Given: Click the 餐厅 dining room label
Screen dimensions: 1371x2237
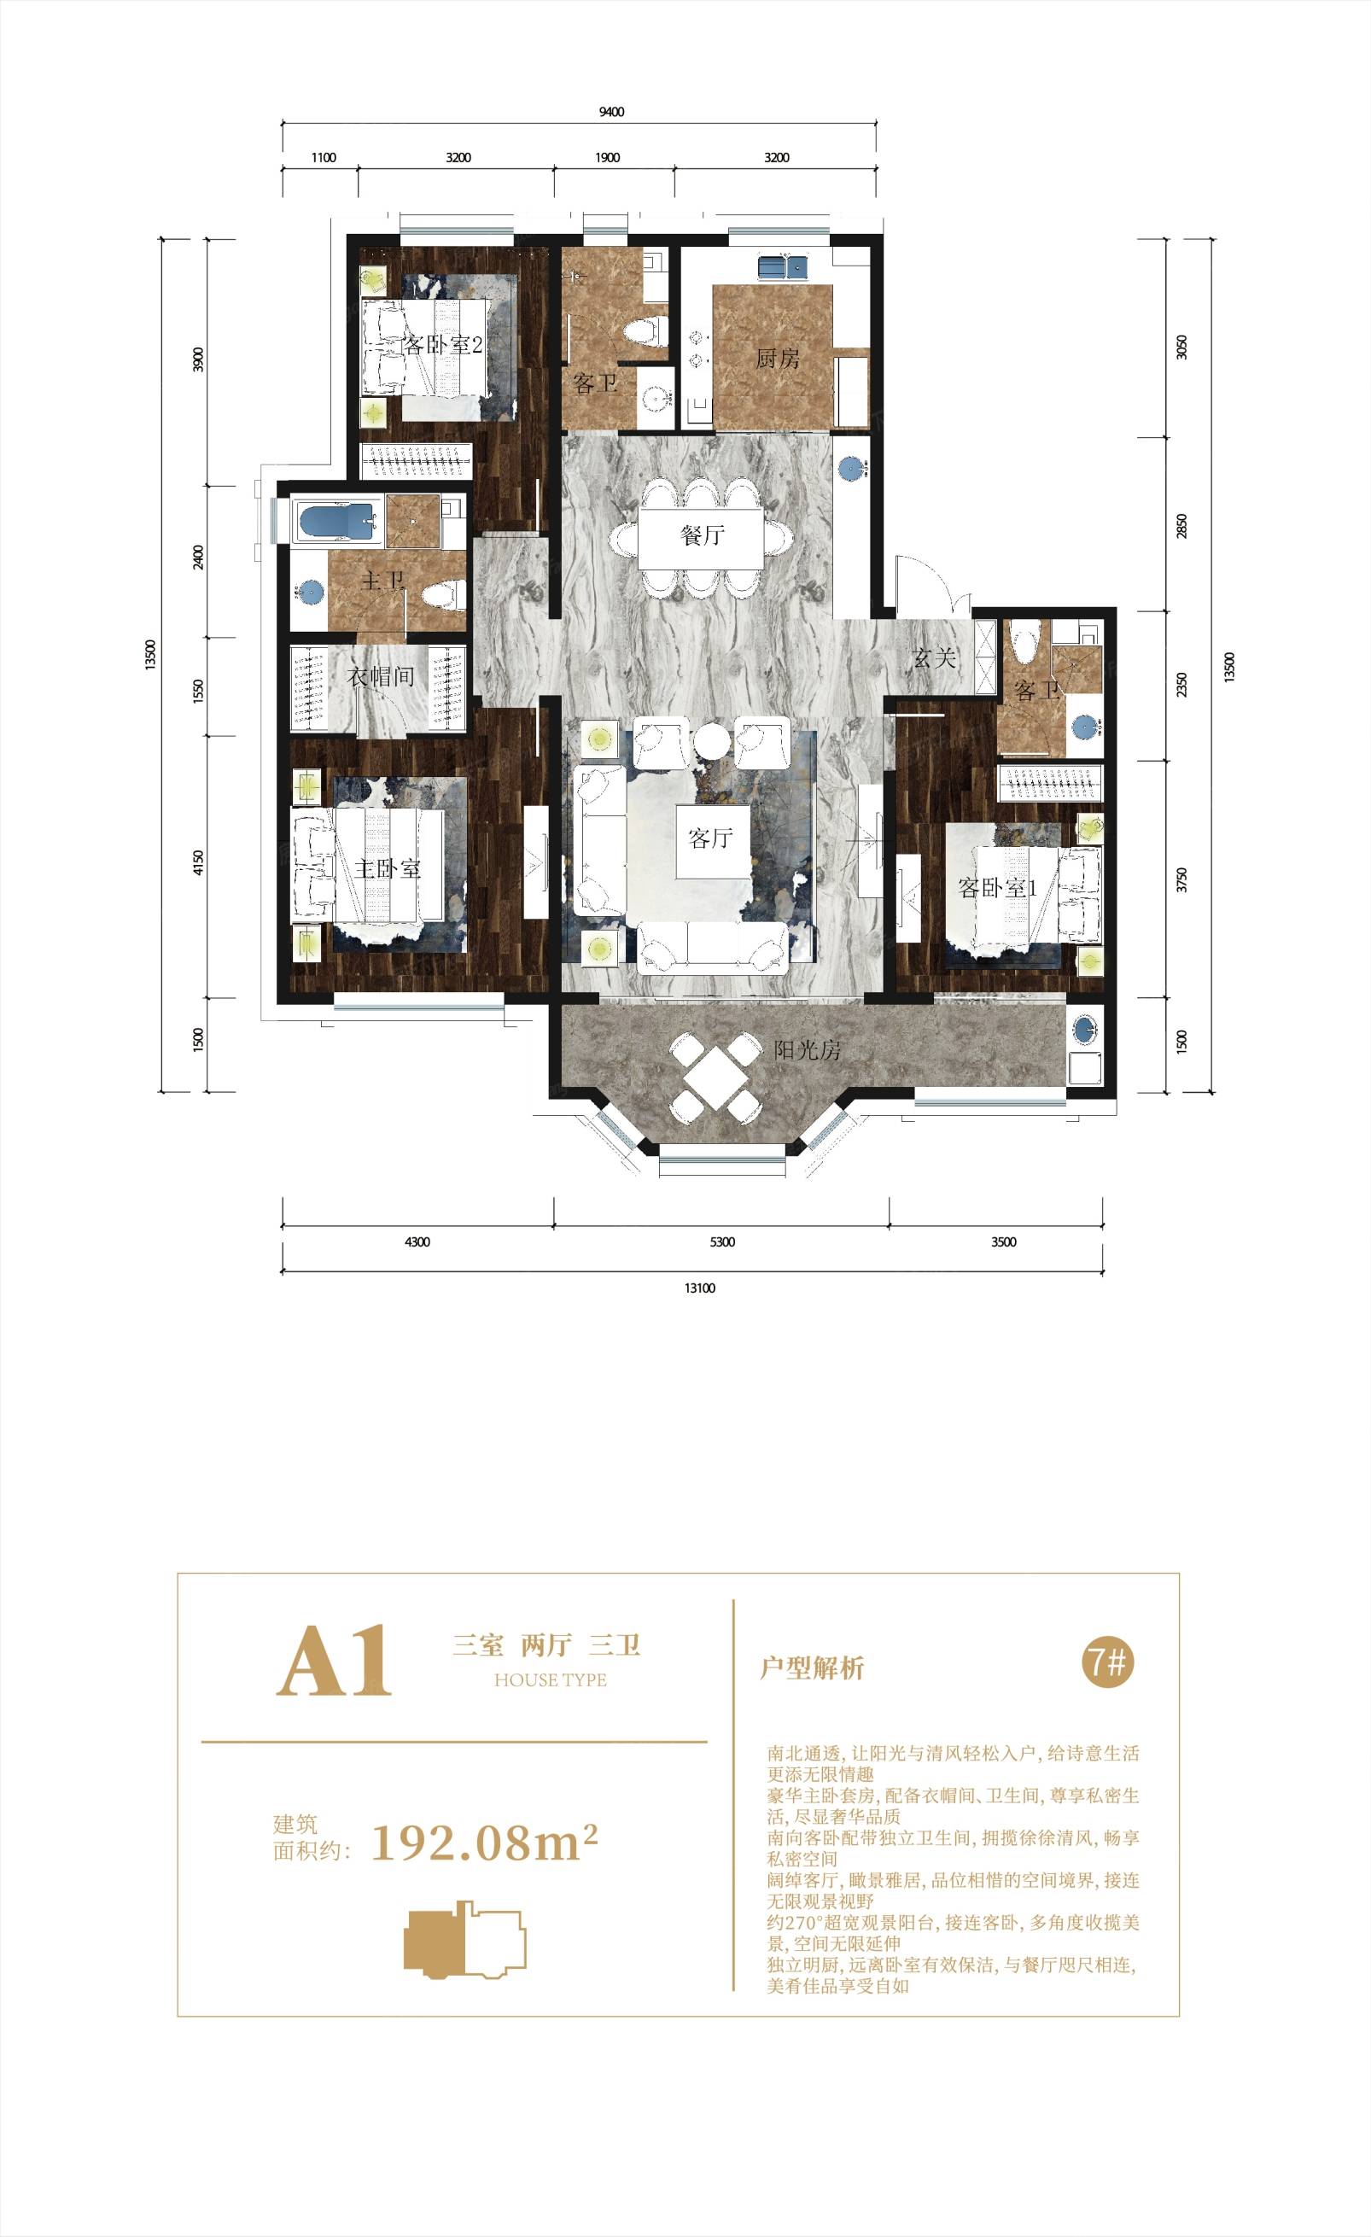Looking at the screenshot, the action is (x=703, y=535).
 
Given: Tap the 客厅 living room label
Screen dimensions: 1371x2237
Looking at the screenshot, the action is (x=711, y=838).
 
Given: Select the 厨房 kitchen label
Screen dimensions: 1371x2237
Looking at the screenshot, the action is (x=777, y=359).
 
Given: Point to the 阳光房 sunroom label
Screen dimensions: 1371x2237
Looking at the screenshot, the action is (x=808, y=1050).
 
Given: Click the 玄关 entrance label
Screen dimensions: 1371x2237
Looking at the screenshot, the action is (x=934, y=658).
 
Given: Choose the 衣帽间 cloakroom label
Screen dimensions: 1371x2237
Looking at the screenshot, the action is (x=382, y=676).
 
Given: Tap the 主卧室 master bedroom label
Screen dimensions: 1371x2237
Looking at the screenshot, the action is (x=388, y=869).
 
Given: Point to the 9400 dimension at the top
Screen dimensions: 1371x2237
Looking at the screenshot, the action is (x=612, y=113).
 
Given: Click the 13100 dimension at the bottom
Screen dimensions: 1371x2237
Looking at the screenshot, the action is (x=700, y=1288).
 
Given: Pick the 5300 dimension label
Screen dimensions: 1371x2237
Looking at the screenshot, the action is (x=722, y=1242).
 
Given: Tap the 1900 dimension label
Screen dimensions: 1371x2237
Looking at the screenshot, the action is (x=608, y=158).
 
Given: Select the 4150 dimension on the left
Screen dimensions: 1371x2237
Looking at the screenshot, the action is (x=199, y=862).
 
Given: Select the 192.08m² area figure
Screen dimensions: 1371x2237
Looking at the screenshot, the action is (x=485, y=1842).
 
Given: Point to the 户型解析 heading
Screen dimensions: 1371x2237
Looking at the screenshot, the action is (x=812, y=1668).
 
